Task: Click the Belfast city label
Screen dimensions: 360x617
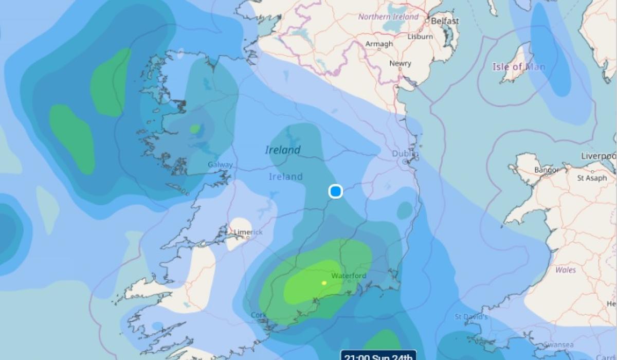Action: point(445,21)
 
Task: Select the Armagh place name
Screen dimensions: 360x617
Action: point(379,44)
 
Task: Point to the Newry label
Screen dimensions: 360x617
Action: point(400,63)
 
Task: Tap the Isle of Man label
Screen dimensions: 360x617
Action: point(518,67)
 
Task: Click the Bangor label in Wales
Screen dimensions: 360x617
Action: point(546,169)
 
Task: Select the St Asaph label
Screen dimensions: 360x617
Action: point(591,178)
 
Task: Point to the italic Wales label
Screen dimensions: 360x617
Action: point(566,269)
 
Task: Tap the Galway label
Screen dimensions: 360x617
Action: point(220,165)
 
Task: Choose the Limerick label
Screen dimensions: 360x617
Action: point(248,232)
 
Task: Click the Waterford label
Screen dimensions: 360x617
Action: point(349,276)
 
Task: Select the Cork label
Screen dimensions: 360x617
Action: point(258,315)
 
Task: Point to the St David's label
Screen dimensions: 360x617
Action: point(471,317)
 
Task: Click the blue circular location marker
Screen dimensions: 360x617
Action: point(336,192)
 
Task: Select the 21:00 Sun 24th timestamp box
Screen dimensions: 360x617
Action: point(378,355)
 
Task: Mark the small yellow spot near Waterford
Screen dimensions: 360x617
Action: point(324,282)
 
